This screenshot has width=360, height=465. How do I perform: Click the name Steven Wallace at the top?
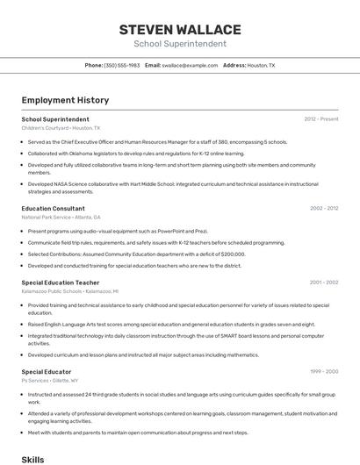179,29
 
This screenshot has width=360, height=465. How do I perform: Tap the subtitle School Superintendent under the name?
179,44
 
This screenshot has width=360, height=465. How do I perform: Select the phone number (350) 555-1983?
121,65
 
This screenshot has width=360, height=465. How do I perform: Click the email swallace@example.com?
190,65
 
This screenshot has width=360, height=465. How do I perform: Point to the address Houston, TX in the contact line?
261,65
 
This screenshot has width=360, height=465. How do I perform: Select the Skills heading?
32,459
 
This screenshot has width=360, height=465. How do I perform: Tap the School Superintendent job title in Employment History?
55,119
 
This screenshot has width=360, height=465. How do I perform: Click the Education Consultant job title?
54,209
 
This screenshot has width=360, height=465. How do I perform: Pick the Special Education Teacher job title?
61,283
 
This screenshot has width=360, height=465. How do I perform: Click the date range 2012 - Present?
320,119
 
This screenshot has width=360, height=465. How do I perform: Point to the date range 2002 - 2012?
324,209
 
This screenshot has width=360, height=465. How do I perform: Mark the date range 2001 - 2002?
324,283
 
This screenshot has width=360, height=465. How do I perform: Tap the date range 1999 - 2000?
324,372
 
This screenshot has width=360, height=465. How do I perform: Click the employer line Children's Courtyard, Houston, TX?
61,128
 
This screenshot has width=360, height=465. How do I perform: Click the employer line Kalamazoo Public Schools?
69,290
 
